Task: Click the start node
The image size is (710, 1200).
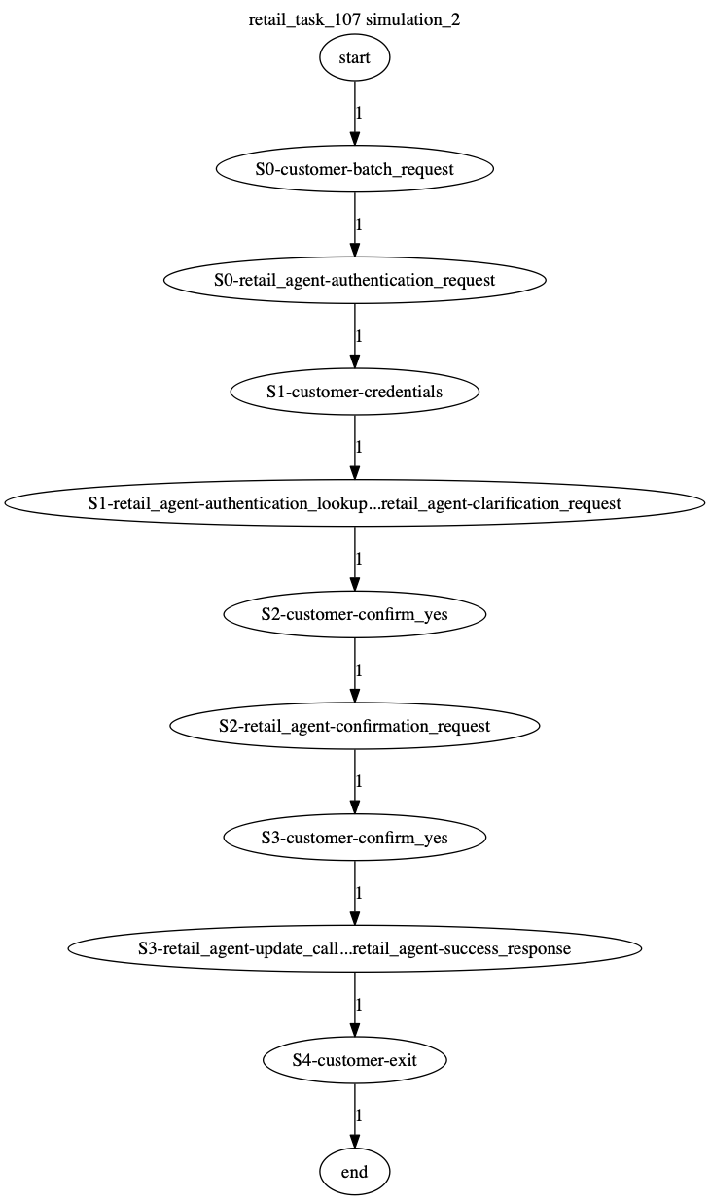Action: (x=354, y=57)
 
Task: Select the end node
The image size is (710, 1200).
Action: (x=354, y=1172)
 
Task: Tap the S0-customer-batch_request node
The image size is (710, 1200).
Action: (x=354, y=169)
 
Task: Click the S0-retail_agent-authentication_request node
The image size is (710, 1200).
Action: (x=354, y=280)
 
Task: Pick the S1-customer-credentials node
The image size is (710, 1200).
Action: (x=354, y=392)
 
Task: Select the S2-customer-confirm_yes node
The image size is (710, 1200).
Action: (x=354, y=614)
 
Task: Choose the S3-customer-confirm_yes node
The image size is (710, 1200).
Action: (x=354, y=838)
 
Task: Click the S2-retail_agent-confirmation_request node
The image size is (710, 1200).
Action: (x=354, y=726)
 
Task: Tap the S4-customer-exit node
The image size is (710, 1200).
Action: (x=354, y=1060)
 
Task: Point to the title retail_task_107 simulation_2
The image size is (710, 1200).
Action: (x=354, y=19)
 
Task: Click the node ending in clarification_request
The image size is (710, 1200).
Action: (x=354, y=503)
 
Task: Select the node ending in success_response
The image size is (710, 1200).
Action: (x=354, y=948)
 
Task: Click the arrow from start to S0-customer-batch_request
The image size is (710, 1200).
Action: (x=354, y=113)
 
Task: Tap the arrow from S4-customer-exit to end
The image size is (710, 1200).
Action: (x=354, y=1115)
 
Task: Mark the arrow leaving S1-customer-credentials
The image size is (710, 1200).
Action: (x=354, y=447)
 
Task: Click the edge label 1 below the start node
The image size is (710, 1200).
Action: (x=359, y=113)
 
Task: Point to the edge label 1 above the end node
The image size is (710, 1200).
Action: (x=359, y=1115)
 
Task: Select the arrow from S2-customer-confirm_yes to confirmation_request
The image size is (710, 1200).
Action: (x=354, y=670)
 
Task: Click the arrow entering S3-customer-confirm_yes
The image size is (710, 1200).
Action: (x=354, y=781)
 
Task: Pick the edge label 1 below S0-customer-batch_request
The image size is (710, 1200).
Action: (x=359, y=224)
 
